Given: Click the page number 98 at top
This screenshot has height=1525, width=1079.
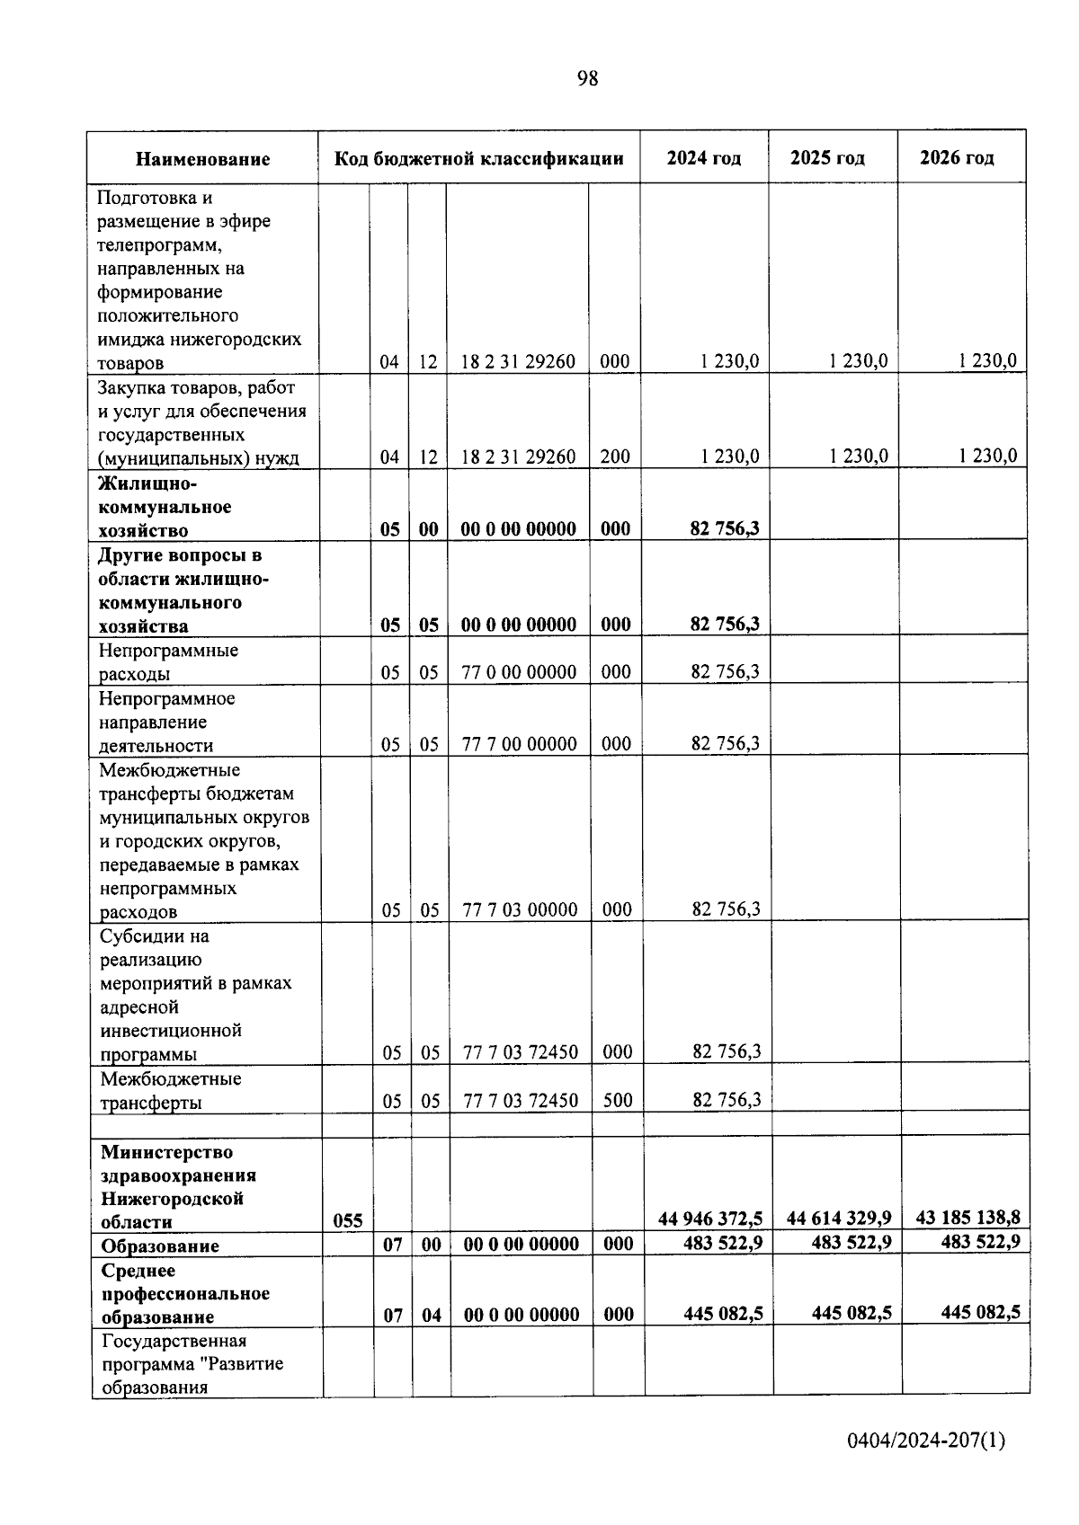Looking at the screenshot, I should pyautogui.click(x=587, y=79).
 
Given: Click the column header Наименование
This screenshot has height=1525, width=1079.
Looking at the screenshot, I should pyautogui.click(x=202, y=159).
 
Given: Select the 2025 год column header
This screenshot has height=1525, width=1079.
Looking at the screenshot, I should pyautogui.click(x=827, y=158).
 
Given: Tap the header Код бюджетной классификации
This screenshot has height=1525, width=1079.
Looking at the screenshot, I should pyautogui.click(x=478, y=159).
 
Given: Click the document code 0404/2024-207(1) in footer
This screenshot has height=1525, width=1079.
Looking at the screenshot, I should pyautogui.click(x=926, y=1441).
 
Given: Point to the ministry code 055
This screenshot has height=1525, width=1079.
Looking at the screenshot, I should pyautogui.click(x=348, y=1220).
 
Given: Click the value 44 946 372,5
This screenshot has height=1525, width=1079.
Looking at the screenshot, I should pyautogui.click(x=710, y=1219).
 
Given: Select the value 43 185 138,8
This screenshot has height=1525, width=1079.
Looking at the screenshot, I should pyautogui.click(x=968, y=1218).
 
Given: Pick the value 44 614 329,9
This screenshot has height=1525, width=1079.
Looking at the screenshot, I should pyautogui.click(x=839, y=1218).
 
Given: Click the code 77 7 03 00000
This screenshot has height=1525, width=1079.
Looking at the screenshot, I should pyautogui.click(x=520, y=909).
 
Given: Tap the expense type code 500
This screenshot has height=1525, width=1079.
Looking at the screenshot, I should pyautogui.click(x=618, y=1099).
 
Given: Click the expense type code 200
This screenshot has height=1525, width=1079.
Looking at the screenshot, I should pyautogui.click(x=615, y=456).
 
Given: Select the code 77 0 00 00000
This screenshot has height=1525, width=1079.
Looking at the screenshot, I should pyautogui.click(x=519, y=671).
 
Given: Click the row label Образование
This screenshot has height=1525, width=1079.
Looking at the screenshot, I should pyautogui.click(x=160, y=1246).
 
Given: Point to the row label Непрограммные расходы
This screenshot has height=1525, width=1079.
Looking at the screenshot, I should pyautogui.click(x=168, y=661).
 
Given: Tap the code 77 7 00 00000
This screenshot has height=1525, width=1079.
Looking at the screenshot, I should pyautogui.click(x=519, y=743).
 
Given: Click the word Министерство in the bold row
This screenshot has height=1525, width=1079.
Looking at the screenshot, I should pyautogui.click(x=166, y=1152).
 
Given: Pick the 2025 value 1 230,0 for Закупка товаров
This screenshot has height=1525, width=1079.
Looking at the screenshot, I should pyautogui.click(x=858, y=456).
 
